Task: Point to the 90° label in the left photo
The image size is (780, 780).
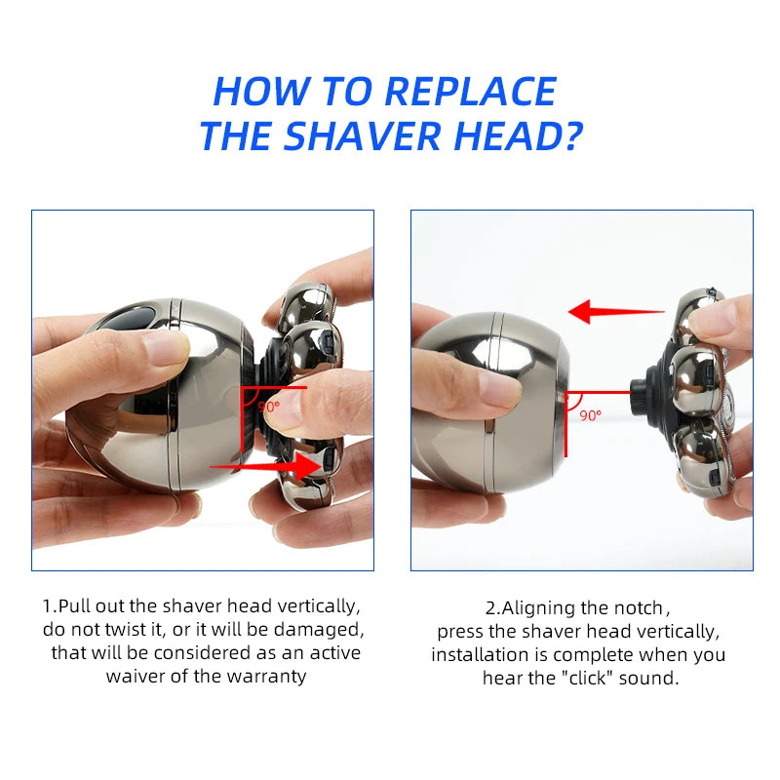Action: tap(267, 406)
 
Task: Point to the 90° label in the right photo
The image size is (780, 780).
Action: tap(591, 414)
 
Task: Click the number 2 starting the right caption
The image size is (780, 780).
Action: tap(491, 607)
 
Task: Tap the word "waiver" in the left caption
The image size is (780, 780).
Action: tap(131, 676)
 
